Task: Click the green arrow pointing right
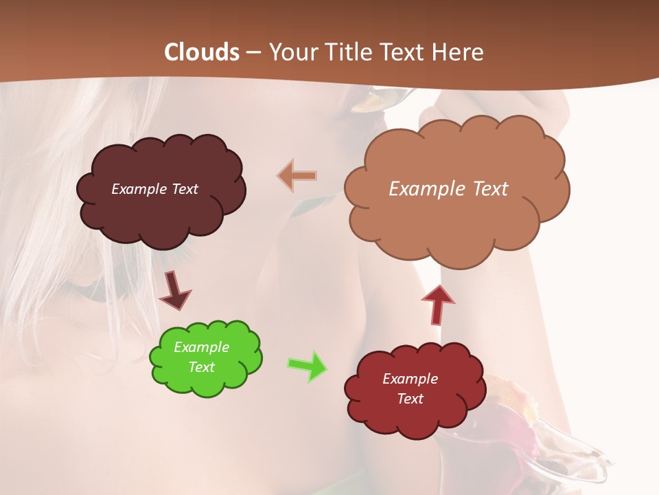pos(307,366)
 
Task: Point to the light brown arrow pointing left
pos(297,176)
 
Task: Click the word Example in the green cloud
pos(201,347)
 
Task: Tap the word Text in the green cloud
pos(201,367)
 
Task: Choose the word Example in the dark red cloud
pos(410,379)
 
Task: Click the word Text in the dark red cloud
pos(410,399)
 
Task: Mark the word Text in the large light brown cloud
pos(486,189)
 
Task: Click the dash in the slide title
pos(252,53)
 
